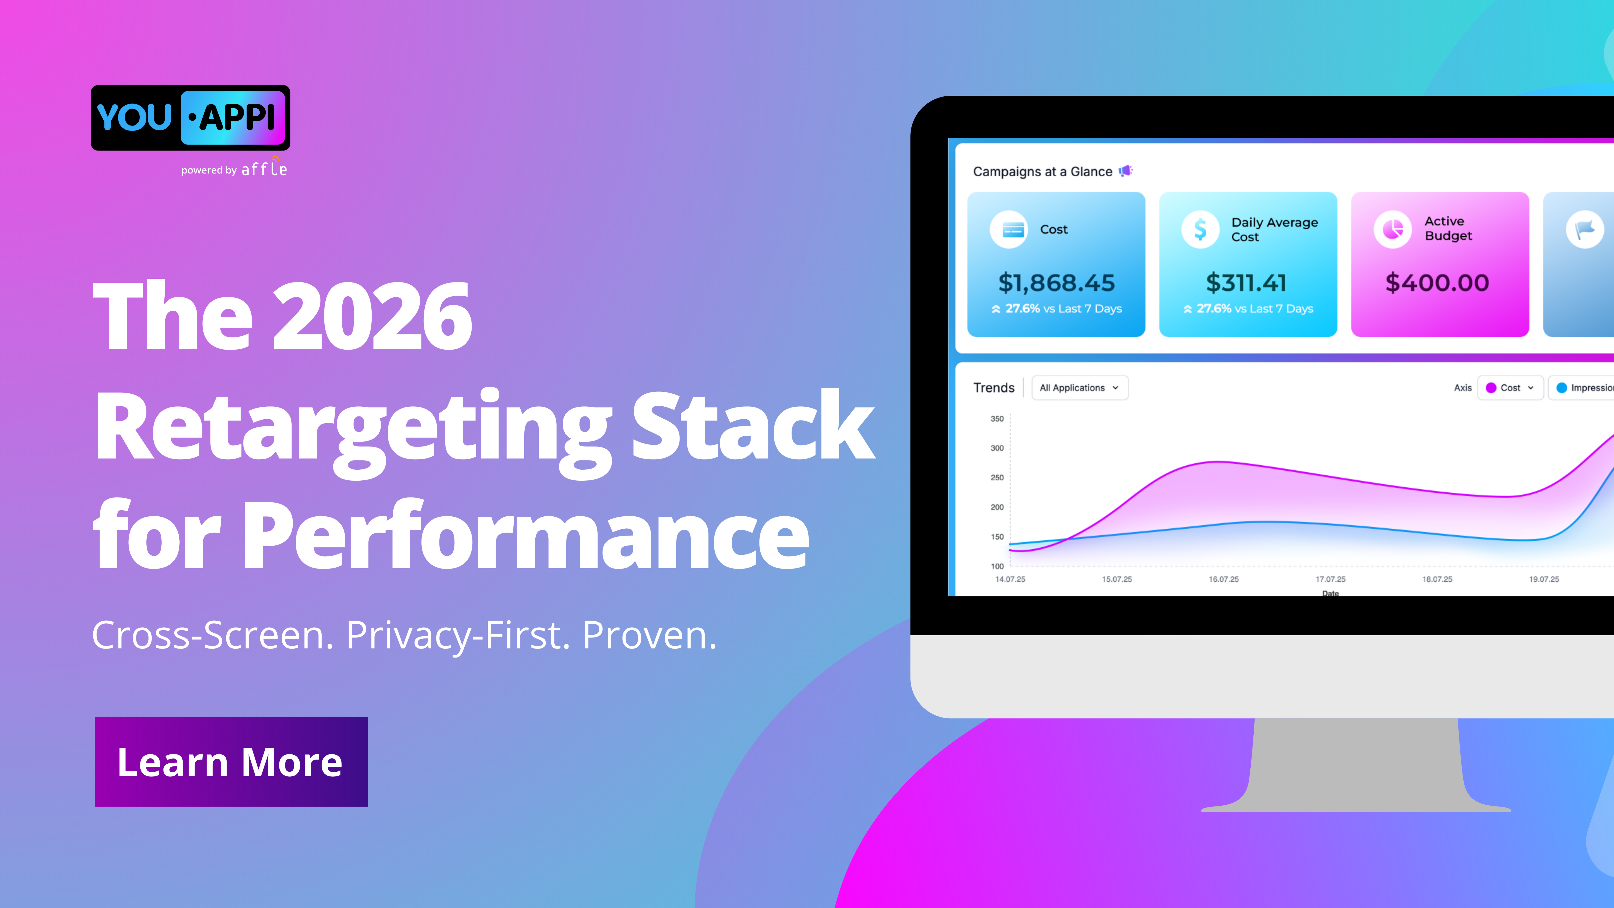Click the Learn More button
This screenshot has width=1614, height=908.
click(x=231, y=761)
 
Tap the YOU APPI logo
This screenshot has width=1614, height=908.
click(x=190, y=118)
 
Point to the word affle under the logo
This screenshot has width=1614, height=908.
click(x=264, y=169)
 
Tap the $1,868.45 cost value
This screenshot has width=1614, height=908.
click(x=1056, y=283)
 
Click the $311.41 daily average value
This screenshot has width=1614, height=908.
click(x=1246, y=283)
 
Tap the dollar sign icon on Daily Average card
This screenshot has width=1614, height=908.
click(x=1200, y=229)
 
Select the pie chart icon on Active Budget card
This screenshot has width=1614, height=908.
click(x=1392, y=229)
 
